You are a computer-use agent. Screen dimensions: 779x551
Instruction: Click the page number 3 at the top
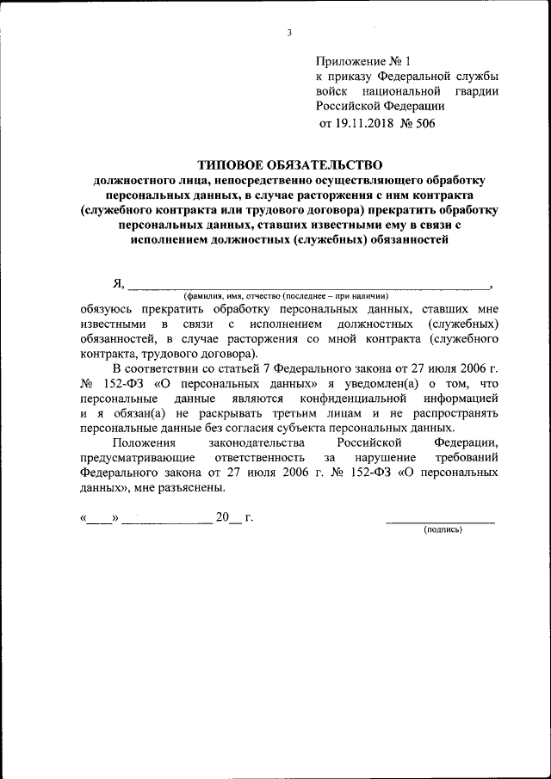[x=289, y=33]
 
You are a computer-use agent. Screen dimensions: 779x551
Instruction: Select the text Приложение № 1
[x=365, y=61]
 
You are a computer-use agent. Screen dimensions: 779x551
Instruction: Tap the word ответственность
[x=265, y=457]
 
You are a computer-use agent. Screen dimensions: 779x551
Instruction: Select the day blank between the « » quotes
[x=100, y=520]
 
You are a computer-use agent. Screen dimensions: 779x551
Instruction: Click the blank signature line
[x=440, y=520]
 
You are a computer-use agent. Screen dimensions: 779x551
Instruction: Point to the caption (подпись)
[x=443, y=530]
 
